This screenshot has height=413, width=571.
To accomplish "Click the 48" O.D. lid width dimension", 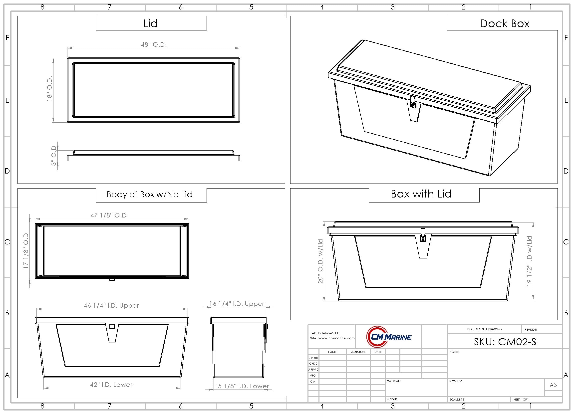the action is click(x=154, y=44).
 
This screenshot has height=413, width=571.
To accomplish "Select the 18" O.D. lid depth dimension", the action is click(x=49, y=89).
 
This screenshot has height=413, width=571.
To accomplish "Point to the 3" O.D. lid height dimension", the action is click(x=54, y=155).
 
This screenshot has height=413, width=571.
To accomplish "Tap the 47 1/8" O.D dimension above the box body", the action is click(x=108, y=215).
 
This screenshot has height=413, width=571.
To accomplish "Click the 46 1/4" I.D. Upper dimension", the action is click(x=111, y=305).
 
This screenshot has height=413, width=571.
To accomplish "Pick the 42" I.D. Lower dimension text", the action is click(x=111, y=385).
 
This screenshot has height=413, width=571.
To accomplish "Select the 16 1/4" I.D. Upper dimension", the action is click(x=237, y=304).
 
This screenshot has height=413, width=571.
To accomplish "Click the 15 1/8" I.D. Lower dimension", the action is click(x=242, y=386).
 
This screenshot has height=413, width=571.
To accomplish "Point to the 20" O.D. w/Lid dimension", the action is click(x=320, y=261).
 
